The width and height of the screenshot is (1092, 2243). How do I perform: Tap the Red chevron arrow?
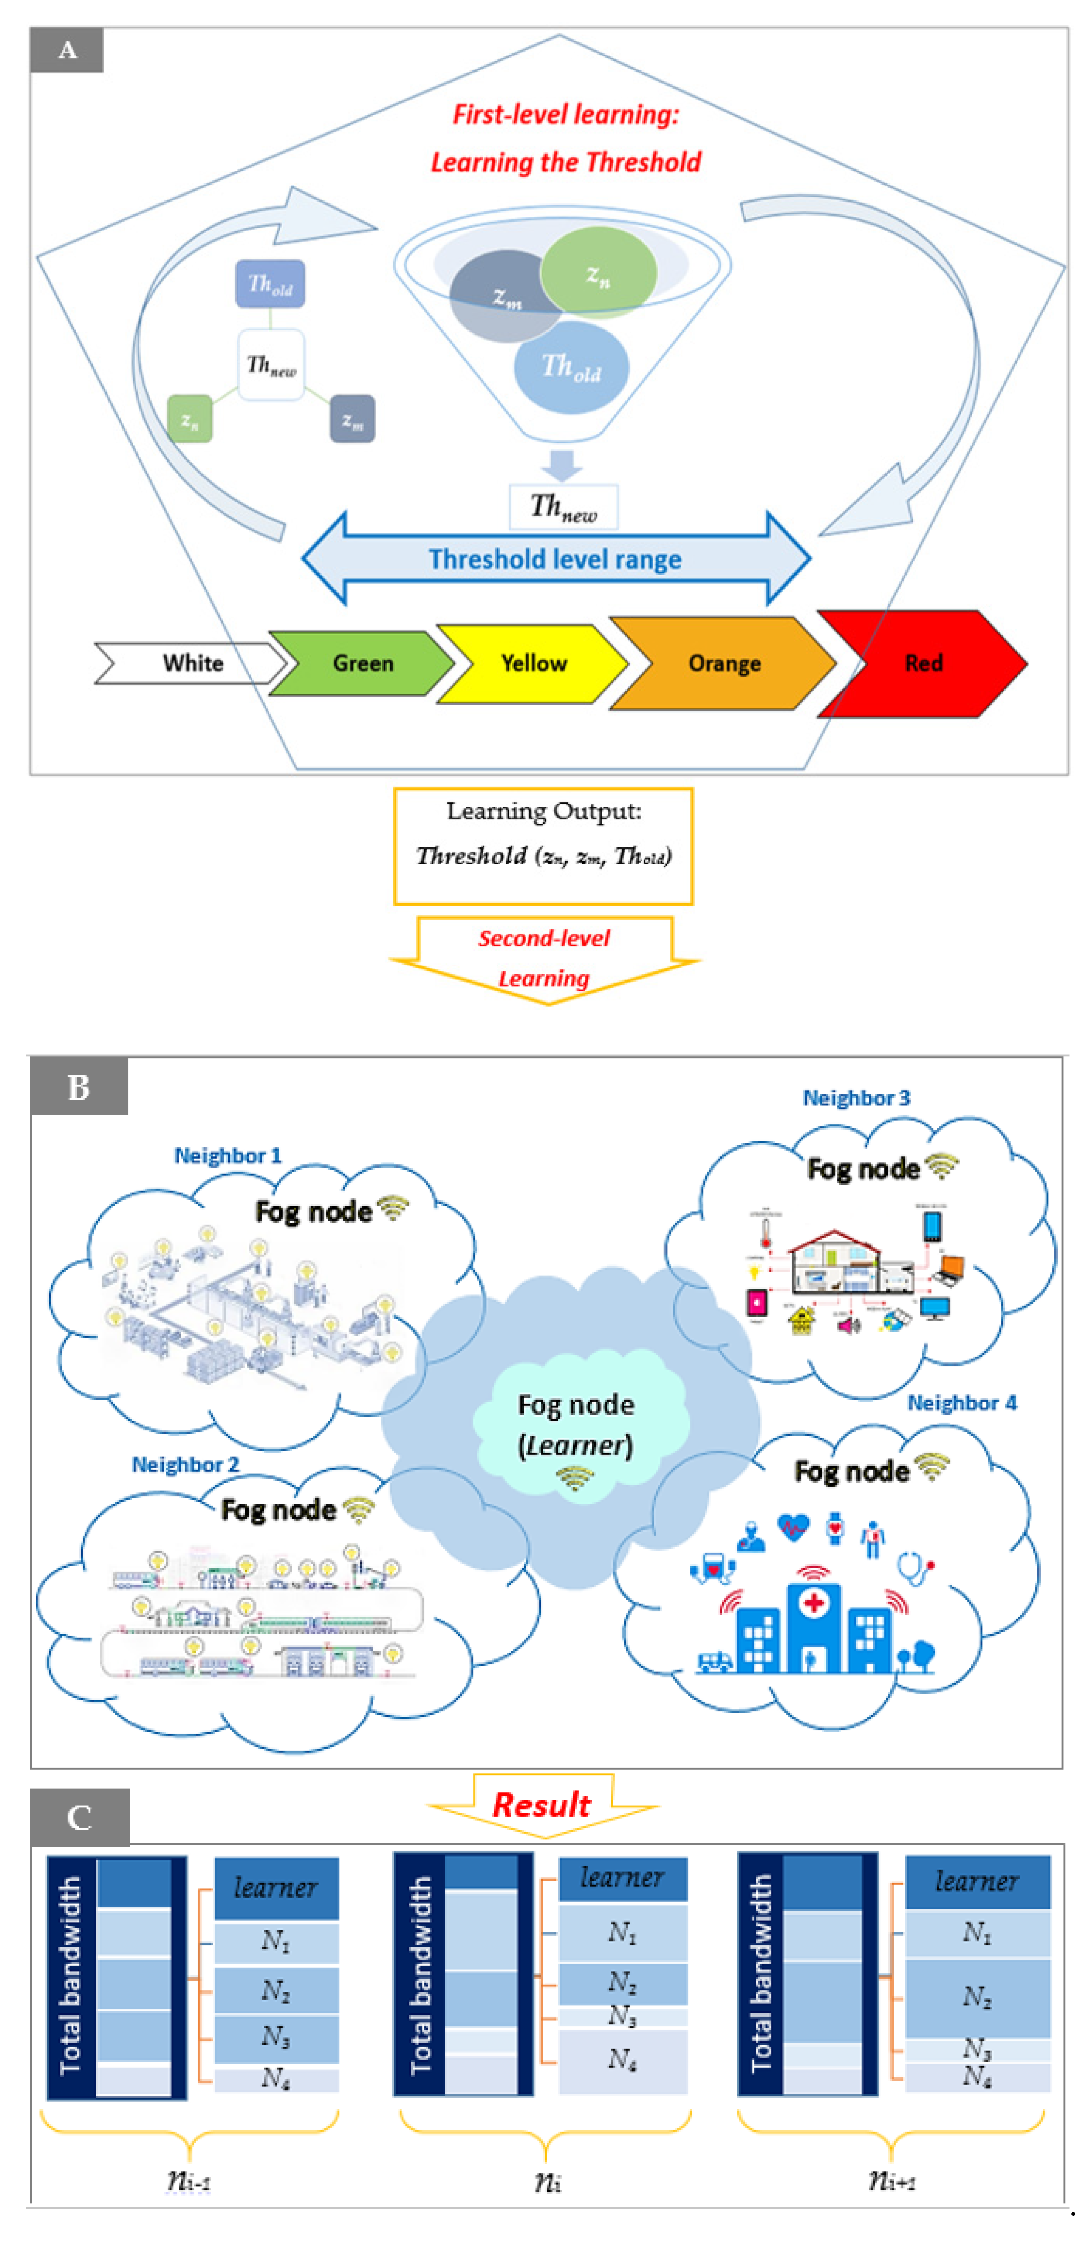tap(923, 664)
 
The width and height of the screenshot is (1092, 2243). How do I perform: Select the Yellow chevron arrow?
tap(533, 664)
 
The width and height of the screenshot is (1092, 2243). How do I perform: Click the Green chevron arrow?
tap(362, 664)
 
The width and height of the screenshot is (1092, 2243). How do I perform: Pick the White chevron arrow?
tap(192, 664)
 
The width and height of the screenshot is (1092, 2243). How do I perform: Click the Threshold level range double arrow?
tap(556, 559)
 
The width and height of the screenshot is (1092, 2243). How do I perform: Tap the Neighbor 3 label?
tap(856, 1098)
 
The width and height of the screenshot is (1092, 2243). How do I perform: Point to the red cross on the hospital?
tap(813, 1602)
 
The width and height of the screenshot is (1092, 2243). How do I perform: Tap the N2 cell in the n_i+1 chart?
tap(977, 1997)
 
